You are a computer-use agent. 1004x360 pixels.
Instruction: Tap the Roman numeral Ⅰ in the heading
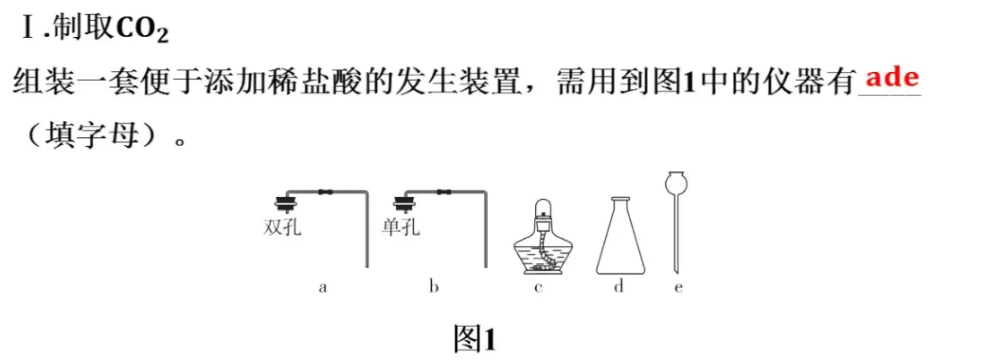28,29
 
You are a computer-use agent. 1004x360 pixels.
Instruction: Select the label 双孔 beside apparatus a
282,227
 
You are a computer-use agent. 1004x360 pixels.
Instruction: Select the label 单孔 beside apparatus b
401,227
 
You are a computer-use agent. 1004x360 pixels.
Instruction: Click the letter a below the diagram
323,287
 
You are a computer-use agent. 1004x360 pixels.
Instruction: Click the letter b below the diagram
434,287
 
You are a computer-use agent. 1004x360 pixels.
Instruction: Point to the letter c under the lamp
537,287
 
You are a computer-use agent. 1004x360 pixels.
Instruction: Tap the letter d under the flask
619,287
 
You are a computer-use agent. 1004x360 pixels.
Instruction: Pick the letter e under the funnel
678,287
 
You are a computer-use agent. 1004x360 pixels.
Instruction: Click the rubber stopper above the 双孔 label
281,202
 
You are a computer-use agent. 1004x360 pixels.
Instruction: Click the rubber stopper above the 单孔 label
406,202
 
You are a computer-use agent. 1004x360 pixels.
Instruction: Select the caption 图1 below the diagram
476,338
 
